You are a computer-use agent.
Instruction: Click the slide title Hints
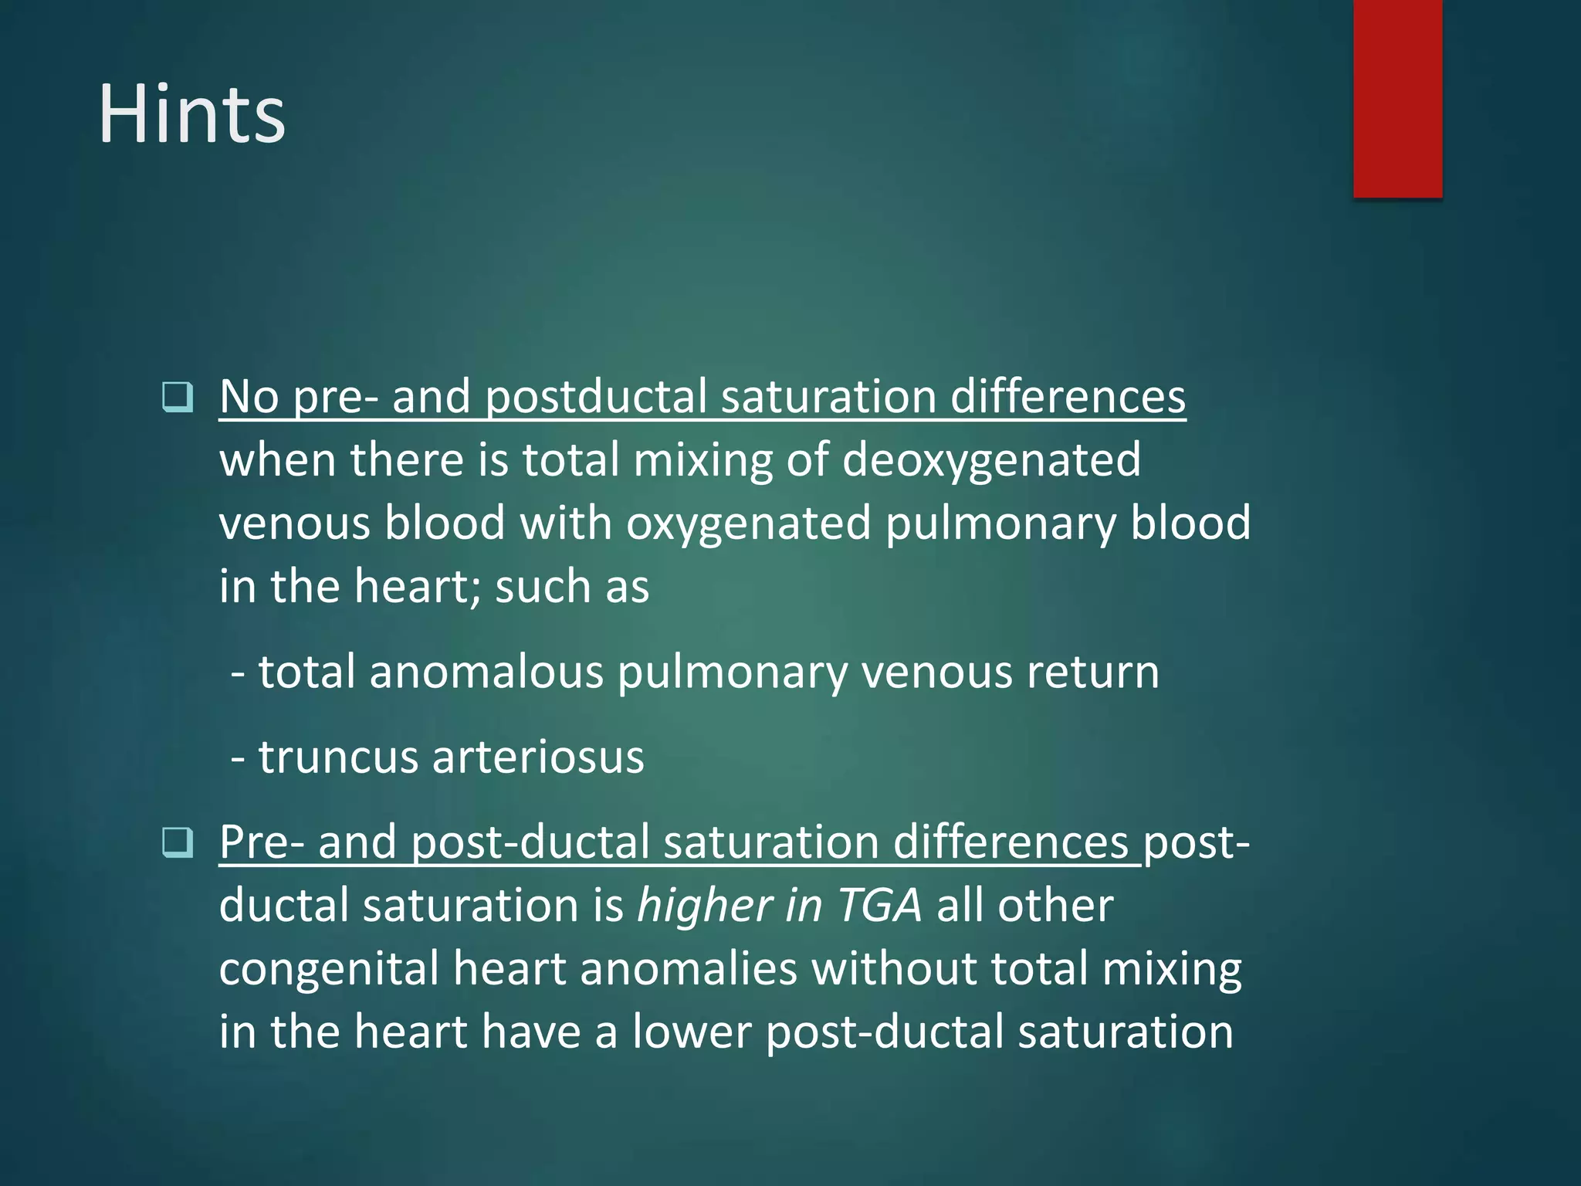(x=191, y=114)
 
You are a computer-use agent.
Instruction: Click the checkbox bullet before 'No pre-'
(x=178, y=397)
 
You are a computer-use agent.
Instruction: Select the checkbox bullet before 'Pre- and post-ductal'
(x=178, y=842)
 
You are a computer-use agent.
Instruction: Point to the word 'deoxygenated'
(x=990, y=460)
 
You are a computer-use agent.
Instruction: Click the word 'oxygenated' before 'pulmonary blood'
(x=748, y=524)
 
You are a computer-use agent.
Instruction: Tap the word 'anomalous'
(x=486, y=672)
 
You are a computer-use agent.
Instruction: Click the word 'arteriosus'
(x=538, y=757)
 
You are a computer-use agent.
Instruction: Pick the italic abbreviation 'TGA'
(x=879, y=905)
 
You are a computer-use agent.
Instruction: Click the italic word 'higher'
(x=704, y=905)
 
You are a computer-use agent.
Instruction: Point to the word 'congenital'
(x=328, y=968)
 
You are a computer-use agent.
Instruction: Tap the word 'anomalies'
(x=688, y=968)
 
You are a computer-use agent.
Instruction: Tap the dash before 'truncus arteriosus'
(x=239, y=758)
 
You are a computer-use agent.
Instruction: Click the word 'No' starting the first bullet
(x=249, y=397)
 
